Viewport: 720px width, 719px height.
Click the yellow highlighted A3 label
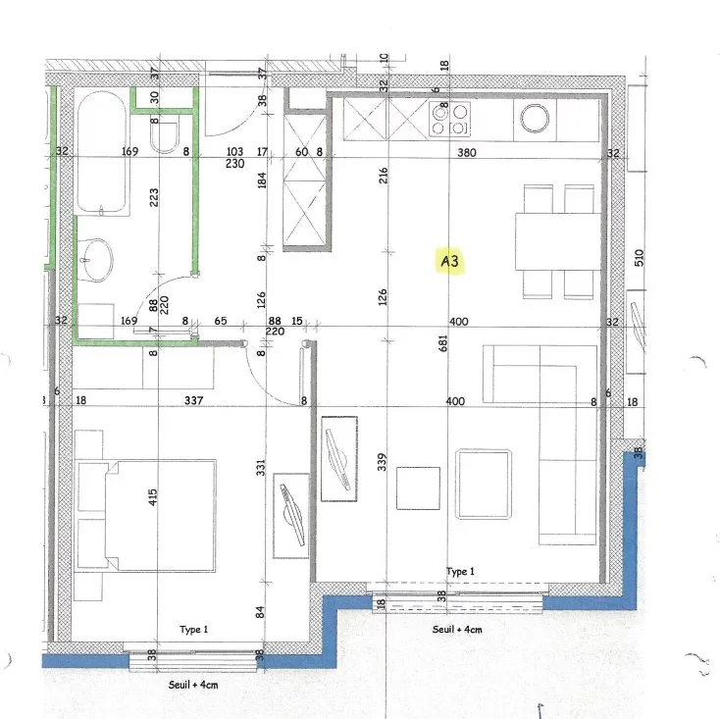(450, 262)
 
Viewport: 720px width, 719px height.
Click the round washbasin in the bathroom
(96, 258)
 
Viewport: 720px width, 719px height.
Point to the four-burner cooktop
(449, 119)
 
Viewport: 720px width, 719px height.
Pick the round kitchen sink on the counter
(535, 119)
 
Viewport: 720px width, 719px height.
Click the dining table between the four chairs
(557, 240)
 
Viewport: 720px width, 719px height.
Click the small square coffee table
(418, 488)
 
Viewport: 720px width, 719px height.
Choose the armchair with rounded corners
(485, 483)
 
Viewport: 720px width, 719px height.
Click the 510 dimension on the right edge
(639, 258)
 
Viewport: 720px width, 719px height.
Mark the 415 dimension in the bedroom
(153, 498)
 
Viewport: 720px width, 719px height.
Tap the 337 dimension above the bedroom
(194, 400)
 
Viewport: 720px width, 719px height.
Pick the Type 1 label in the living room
(460, 571)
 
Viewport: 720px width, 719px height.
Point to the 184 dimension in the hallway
(262, 181)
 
